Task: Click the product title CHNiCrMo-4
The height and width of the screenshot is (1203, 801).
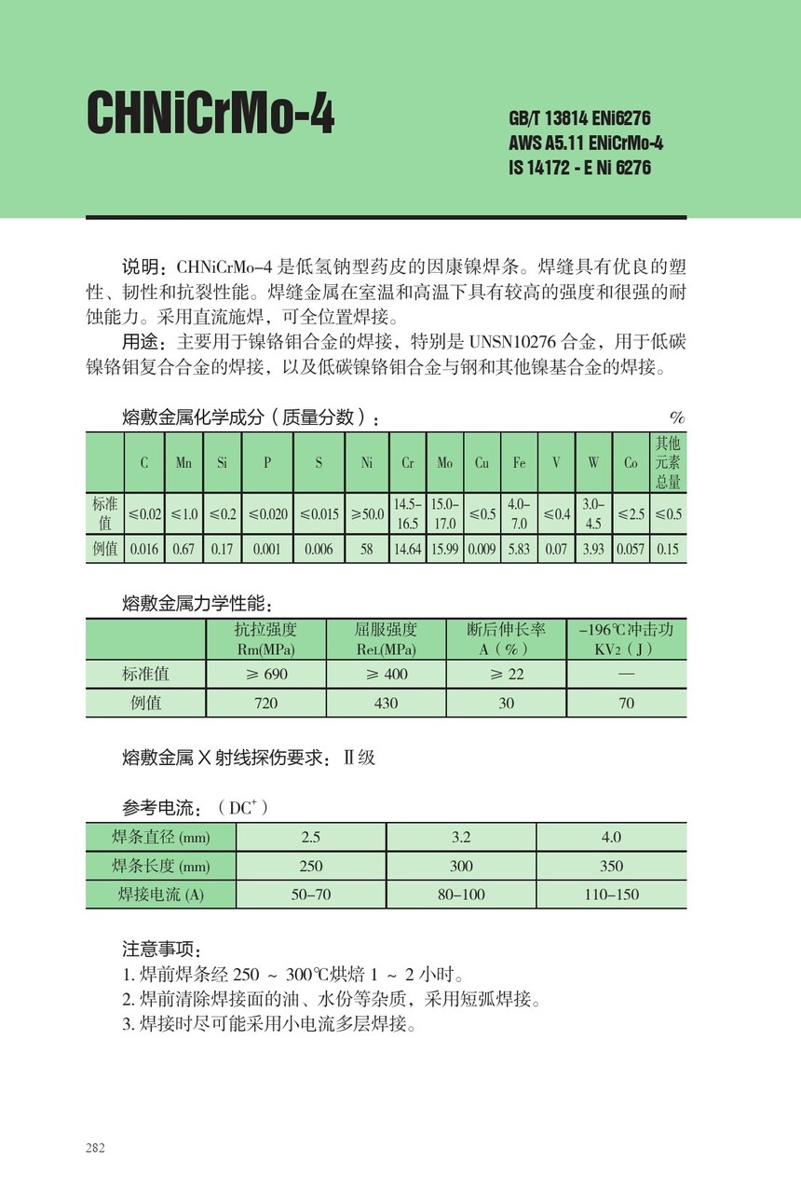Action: point(210,116)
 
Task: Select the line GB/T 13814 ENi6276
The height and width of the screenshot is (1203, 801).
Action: point(579,119)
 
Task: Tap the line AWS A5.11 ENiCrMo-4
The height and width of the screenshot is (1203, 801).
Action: point(586,144)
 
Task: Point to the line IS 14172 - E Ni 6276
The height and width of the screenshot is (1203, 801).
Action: point(579,169)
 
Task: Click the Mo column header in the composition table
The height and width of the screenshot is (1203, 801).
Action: point(444,463)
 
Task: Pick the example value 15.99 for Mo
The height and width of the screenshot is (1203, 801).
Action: point(444,549)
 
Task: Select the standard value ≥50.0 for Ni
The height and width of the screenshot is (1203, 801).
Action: point(367,514)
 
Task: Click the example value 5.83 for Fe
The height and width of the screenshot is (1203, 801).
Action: point(519,549)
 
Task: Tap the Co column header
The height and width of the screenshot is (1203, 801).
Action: point(631,463)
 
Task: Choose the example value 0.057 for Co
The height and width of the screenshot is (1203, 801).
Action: point(631,549)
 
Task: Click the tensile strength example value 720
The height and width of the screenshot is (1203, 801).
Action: point(266,704)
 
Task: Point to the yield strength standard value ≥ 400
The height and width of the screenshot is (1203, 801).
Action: point(386,674)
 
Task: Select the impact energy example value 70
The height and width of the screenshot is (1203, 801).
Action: point(626,704)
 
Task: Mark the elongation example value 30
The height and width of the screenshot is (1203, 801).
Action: point(506,704)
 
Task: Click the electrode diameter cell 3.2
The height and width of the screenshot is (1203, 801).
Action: point(461,837)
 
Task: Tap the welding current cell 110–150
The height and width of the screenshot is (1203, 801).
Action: point(611,895)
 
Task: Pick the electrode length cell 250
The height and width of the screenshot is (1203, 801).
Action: point(311,866)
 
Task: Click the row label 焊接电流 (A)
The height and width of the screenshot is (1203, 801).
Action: point(160,895)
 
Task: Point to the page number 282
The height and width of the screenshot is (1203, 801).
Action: point(95,1147)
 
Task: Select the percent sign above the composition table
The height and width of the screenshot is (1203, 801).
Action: point(677,418)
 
